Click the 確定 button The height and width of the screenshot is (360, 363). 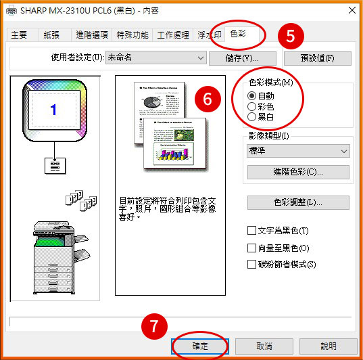199,345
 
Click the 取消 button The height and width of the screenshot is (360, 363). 264,345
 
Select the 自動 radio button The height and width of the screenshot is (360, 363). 253,96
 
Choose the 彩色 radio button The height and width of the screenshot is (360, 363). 253,106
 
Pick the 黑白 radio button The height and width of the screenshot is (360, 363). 253,116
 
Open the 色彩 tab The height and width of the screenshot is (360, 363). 238,34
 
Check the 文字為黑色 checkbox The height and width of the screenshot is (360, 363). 252,231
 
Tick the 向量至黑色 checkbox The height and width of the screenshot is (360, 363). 252,248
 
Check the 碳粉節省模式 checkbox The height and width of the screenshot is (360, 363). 252,265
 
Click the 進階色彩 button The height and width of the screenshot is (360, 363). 298,172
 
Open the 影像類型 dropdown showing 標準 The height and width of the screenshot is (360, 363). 298,151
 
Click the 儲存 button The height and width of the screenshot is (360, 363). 242,58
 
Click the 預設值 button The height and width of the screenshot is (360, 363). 316,58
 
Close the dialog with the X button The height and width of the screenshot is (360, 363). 351,10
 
